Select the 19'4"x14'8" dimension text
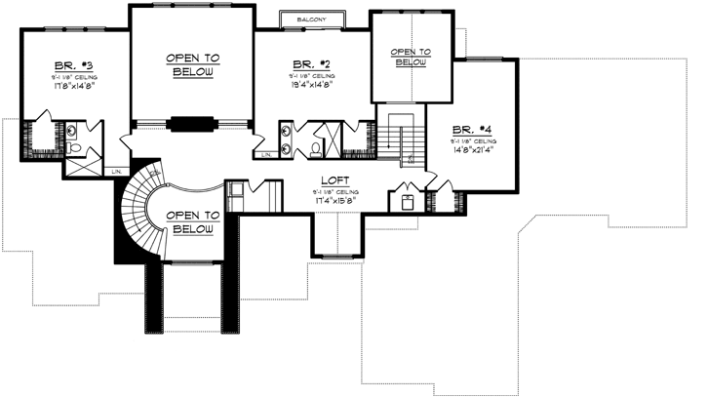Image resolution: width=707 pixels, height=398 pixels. (x=312, y=83)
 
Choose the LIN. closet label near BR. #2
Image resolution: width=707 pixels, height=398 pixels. (x=265, y=155)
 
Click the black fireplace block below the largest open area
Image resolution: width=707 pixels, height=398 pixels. (x=191, y=124)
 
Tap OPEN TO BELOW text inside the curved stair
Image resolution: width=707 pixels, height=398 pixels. (x=190, y=221)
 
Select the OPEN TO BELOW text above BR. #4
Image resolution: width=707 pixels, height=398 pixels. (x=410, y=57)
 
